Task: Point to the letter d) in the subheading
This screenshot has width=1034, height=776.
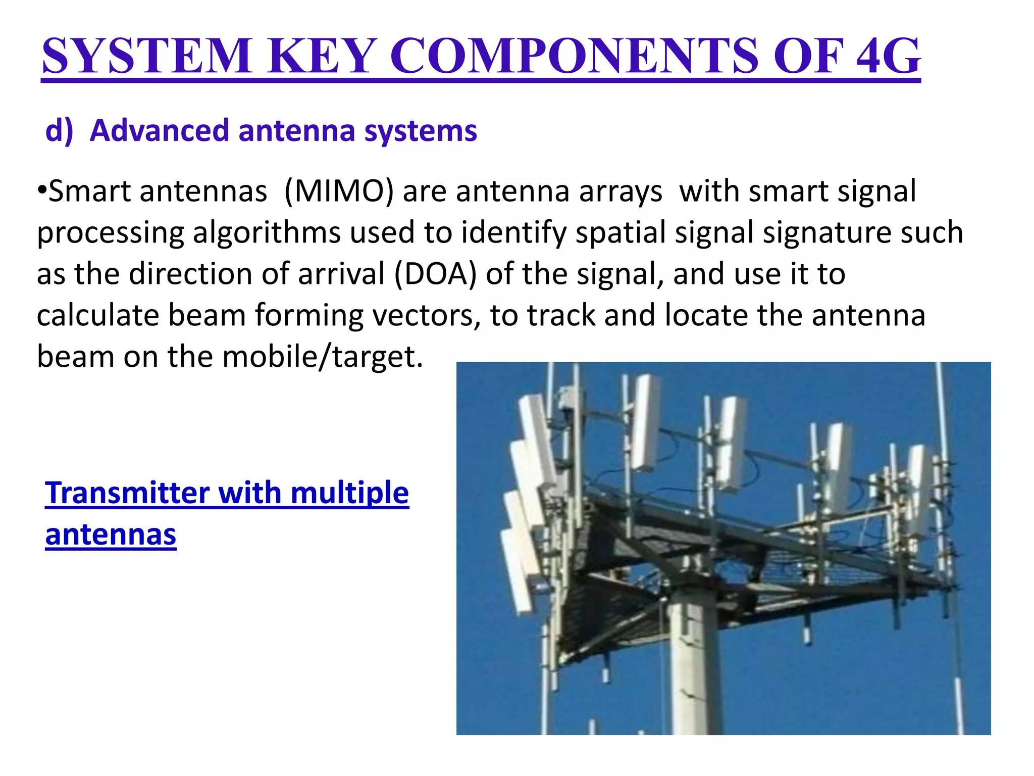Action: tap(60, 131)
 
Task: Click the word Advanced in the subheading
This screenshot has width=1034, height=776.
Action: tap(160, 131)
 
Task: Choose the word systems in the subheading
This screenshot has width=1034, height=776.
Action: tap(421, 131)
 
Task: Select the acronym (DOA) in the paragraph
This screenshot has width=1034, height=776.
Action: tap(435, 274)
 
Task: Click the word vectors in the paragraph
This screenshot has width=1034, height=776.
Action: tap(427, 316)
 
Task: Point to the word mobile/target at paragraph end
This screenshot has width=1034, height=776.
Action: tap(322, 357)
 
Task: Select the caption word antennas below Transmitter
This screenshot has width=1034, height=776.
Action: tap(111, 535)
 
